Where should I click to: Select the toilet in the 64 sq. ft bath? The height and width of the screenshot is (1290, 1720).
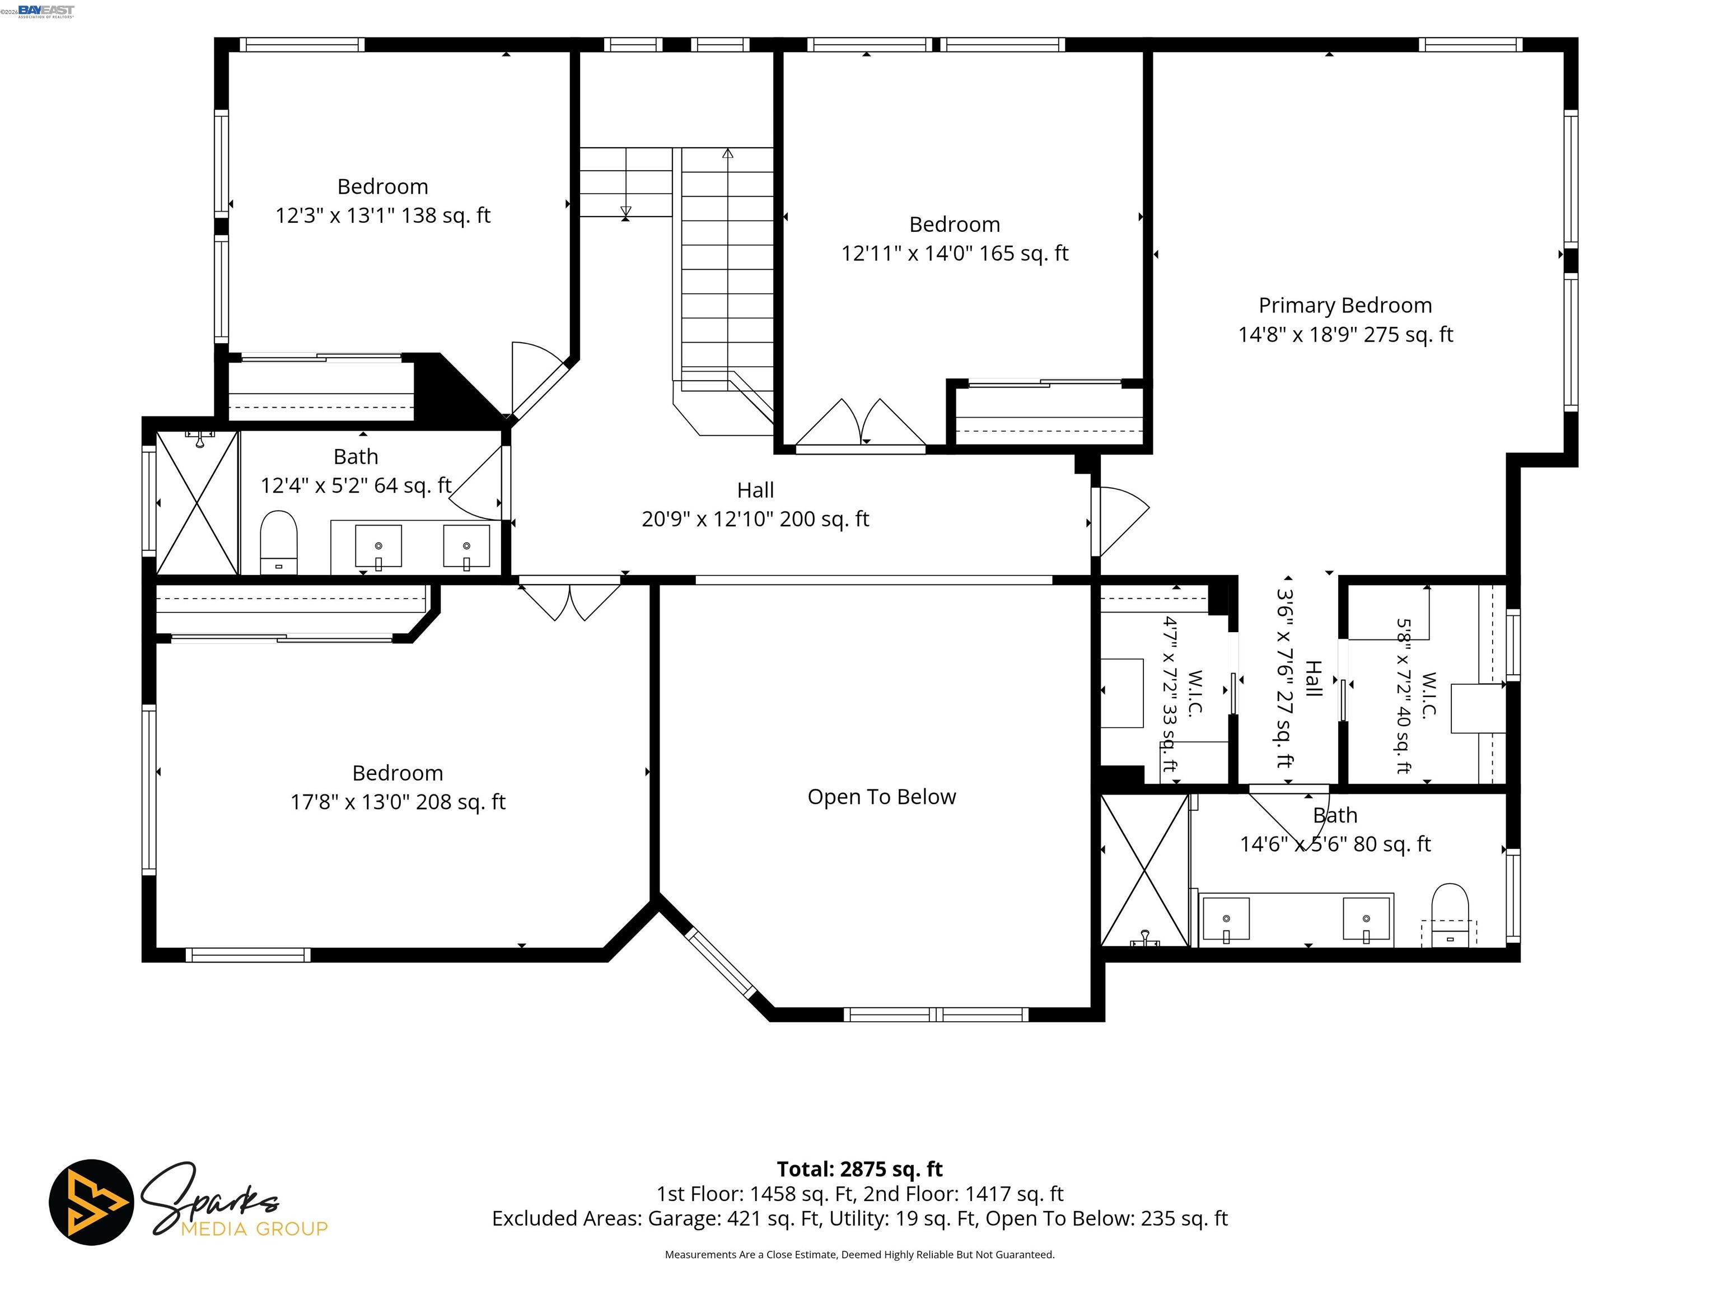278,542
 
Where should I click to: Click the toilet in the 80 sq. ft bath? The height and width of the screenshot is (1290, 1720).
1450,914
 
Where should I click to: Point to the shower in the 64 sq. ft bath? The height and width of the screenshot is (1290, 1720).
198,504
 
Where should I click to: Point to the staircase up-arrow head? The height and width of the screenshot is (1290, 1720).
727,153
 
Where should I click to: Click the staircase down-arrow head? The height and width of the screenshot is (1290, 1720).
626,212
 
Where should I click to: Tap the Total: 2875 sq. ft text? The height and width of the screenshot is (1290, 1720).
859,1170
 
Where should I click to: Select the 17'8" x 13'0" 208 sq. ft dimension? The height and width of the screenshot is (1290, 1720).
398,802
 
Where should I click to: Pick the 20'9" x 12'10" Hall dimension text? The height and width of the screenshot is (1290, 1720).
755,518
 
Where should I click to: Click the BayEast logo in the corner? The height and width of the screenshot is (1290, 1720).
46,11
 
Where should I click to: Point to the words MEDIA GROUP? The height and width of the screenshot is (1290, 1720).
254,1228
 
